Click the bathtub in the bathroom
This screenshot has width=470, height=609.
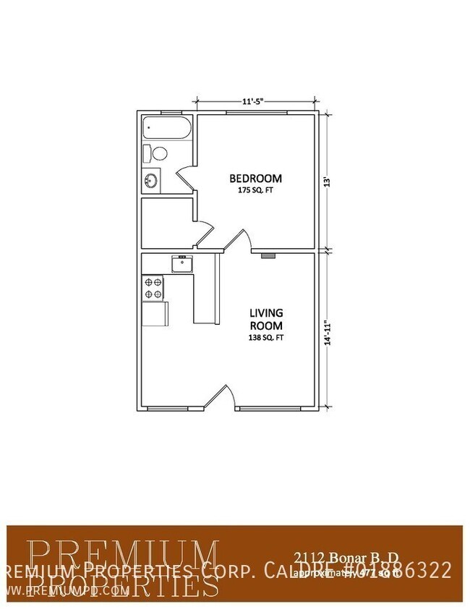(166, 129)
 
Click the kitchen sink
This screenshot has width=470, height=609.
(181, 263)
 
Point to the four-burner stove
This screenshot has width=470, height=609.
(153, 288)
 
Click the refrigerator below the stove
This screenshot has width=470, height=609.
(155, 314)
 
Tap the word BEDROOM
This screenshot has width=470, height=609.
(255, 179)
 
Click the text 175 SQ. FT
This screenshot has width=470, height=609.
(255, 190)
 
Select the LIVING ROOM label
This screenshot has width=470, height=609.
(266, 319)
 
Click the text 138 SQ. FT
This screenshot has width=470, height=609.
(266, 337)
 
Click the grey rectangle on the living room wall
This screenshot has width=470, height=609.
(268, 255)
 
